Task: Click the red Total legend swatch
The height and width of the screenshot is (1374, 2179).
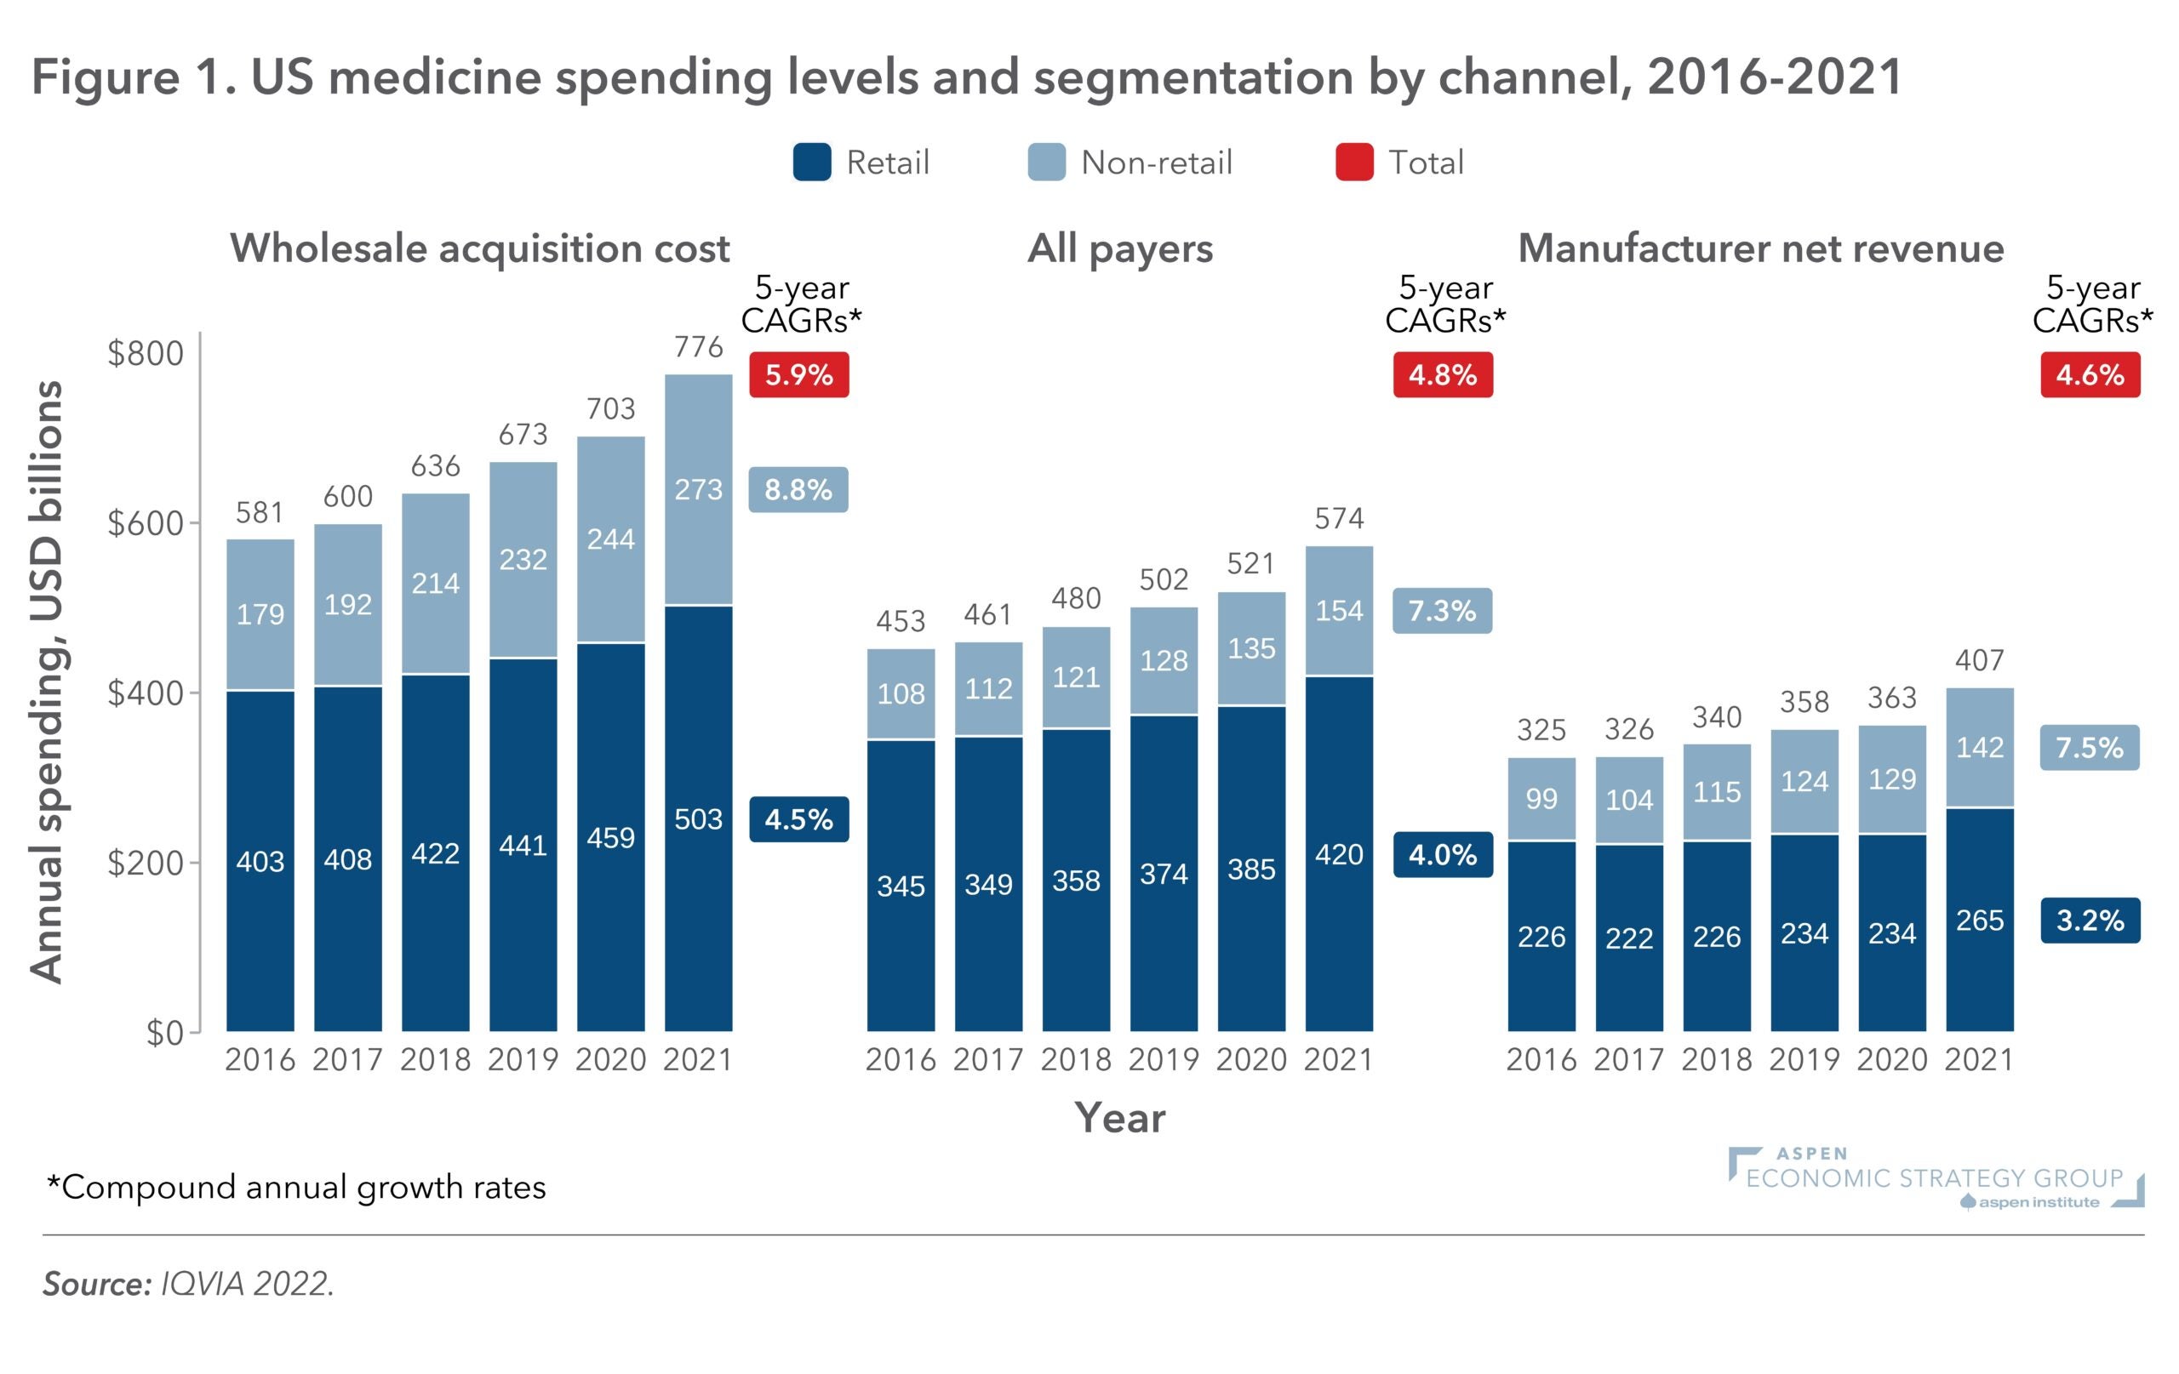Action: click(1353, 162)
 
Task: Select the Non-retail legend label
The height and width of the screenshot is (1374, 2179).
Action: click(1156, 162)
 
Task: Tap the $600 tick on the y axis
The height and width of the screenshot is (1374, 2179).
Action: click(145, 523)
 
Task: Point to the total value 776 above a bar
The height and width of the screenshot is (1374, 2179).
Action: click(699, 346)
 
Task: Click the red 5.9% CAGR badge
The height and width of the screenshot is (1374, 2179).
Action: click(798, 374)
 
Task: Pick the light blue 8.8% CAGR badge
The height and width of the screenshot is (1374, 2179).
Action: click(798, 489)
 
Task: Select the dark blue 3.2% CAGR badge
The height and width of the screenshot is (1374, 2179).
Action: click(2090, 920)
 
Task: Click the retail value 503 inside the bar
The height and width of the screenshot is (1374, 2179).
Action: click(699, 818)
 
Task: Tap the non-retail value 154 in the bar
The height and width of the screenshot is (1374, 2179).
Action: click(1338, 611)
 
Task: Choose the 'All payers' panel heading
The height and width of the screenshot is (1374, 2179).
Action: click(1119, 248)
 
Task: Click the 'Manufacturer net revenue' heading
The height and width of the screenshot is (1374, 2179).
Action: click(1760, 248)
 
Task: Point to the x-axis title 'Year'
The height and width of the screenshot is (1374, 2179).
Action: click(1119, 1118)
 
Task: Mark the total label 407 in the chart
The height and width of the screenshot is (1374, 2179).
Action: click(1979, 660)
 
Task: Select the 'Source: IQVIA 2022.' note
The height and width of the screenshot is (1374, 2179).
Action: click(188, 1284)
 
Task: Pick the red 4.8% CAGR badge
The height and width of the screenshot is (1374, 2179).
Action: click(1443, 374)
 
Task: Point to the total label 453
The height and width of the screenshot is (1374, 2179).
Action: click(901, 621)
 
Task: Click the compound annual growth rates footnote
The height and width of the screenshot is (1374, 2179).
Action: click(296, 1187)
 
